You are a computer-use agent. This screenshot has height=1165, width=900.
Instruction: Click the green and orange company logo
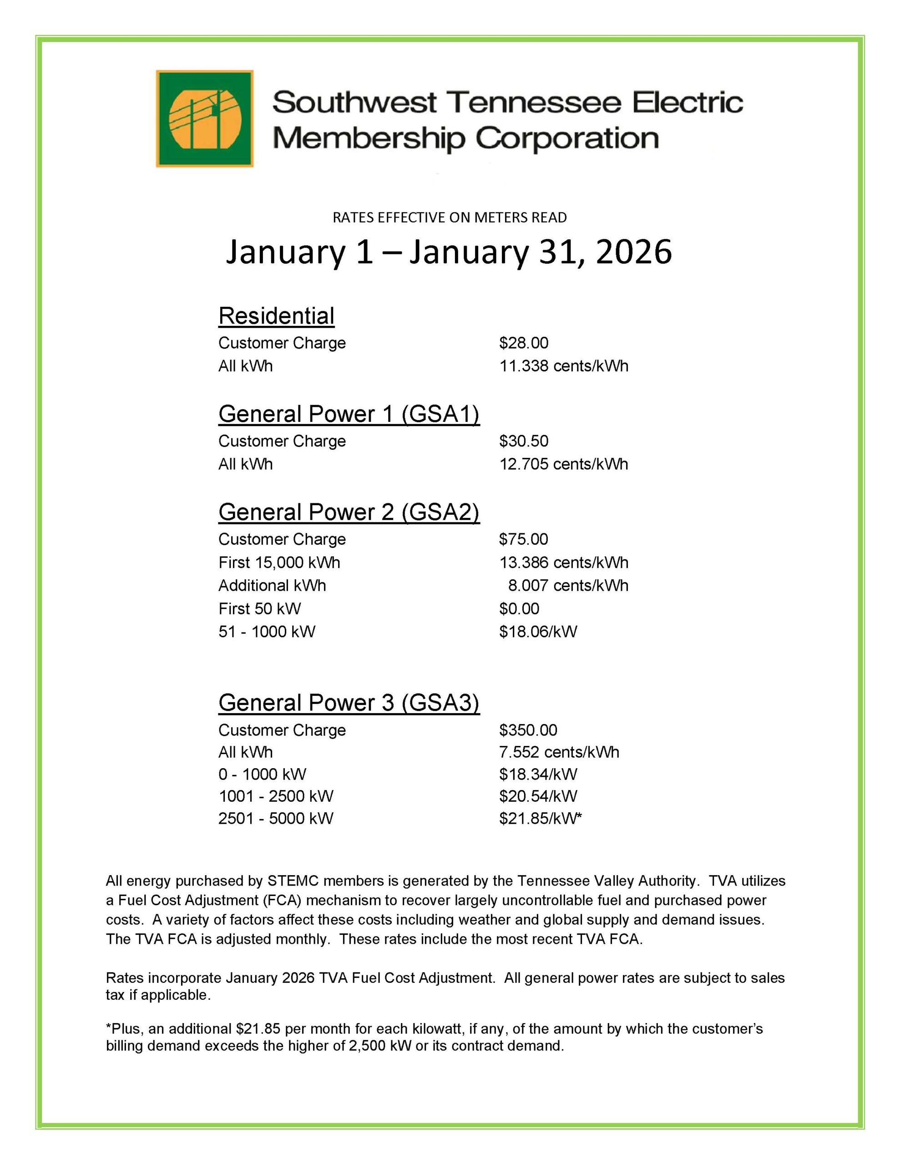click(x=204, y=118)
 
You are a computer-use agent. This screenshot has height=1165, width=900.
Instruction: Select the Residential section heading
click(x=276, y=316)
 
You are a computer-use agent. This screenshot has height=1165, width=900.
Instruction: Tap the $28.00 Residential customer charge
click(x=523, y=343)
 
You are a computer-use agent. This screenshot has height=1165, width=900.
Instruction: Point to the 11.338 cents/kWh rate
click(x=563, y=366)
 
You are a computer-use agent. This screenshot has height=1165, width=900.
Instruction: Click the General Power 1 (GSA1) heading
click(x=349, y=414)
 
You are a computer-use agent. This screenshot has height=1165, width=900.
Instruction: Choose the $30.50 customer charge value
click(x=523, y=441)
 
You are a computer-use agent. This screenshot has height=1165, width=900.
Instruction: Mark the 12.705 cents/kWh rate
click(x=563, y=464)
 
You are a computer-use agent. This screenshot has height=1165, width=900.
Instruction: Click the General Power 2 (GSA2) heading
click(x=349, y=512)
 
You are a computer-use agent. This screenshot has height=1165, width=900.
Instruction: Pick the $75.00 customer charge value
click(x=523, y=539)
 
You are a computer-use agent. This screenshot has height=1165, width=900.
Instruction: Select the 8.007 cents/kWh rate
click(x=568, y=586)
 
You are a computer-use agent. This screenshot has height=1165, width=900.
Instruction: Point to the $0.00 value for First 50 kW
click(x=519, y=608)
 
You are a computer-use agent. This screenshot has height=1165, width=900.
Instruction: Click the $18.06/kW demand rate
click(x=538, y=632)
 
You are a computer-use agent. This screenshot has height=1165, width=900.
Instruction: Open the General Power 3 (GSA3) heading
click(x=349, y=703)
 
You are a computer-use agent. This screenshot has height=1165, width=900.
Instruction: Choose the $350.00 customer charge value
click(x=528, y=730)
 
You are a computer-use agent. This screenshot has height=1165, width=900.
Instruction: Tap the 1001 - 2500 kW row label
click(x=276, y=796)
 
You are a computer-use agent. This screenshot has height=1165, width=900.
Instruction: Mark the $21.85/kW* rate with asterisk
click(x=540, y=818)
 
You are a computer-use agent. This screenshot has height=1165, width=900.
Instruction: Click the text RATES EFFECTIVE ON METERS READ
click(x=450, y=218)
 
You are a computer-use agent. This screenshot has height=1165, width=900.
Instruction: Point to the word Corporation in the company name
click(x=566, y=139)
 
